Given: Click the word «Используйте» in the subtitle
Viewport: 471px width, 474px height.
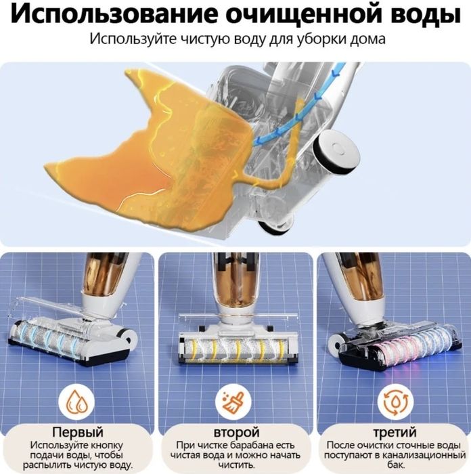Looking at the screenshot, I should [x=133, y=39].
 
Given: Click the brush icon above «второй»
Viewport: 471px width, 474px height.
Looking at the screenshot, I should [x=235, y=404].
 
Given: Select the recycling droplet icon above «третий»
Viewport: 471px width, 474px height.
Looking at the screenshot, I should [x=392, y=404].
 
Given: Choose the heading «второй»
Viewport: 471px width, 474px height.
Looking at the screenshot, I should [x=235, y=432].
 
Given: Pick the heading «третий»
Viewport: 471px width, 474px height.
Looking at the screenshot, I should [x=392, y=432].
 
